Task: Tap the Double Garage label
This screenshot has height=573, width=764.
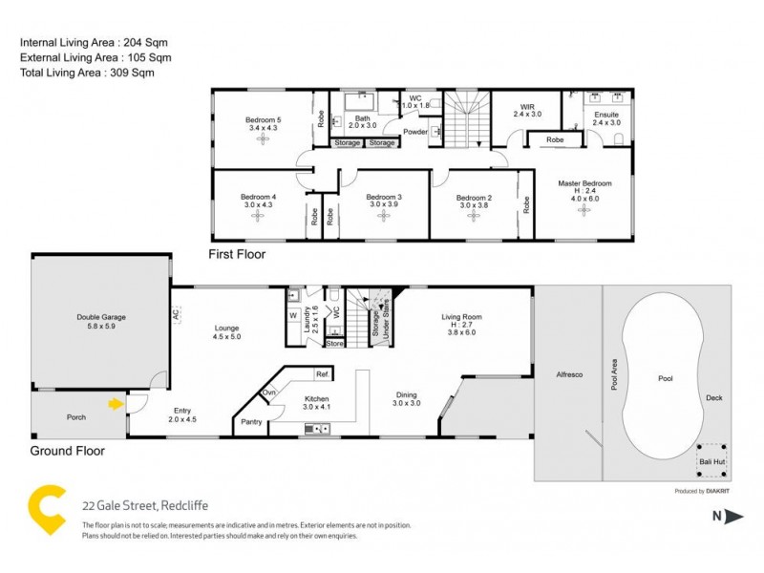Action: tap(101, 317)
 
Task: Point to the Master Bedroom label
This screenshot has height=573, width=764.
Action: tap(584, 182)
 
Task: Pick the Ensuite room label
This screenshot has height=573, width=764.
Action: tap(605, 114)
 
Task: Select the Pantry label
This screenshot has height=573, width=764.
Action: tap(252, 421)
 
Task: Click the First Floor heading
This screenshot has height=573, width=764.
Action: tap(237, 255)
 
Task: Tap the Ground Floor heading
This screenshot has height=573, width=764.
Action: tap(67, 451)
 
